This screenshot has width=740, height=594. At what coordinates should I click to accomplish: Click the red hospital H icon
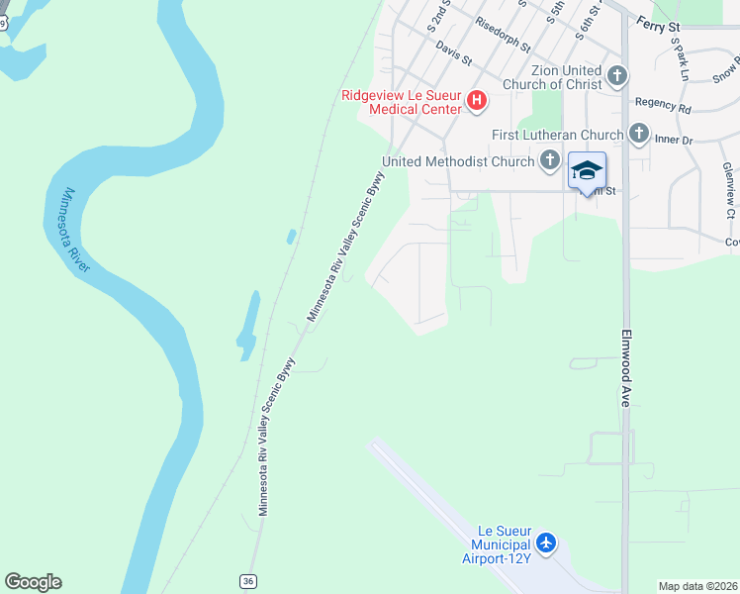pyautogui.click(x=477, y=100)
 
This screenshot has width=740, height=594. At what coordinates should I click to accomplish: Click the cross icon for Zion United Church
pyautogui.click(x=616, y=75)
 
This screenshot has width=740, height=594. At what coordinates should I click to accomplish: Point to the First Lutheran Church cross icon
pyautogui.click(x=638, y=133)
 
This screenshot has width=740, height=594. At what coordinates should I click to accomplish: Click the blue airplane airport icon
pyautogui.click(x=545, y=543)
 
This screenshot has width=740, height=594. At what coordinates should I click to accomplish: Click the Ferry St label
pyautogui.click(x=658, y=22)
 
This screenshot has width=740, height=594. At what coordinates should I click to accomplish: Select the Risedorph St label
pyautogui.click(x=503, y=35)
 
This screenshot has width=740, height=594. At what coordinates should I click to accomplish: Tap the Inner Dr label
pyautogui.click(x=674, y=140)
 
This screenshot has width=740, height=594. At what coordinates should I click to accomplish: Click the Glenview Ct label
pyautogui.click(x=729, y=191)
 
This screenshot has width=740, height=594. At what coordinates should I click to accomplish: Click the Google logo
pyautogui.click(x=34, y=582)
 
